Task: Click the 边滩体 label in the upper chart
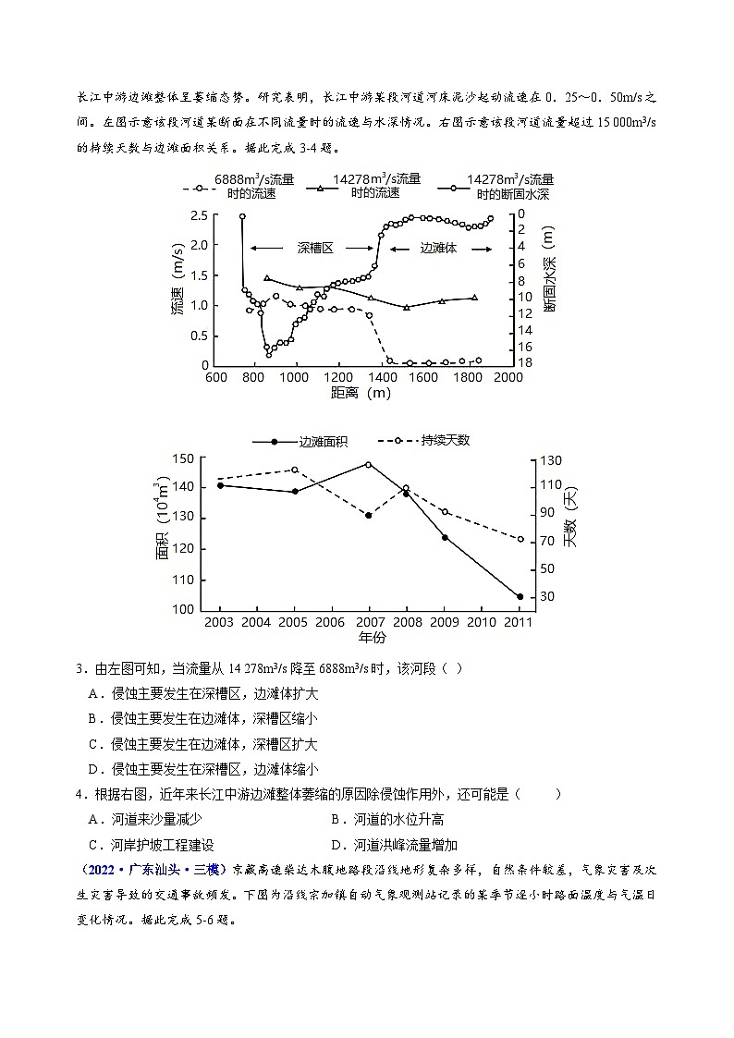pyautogui.click(x=438, y=249)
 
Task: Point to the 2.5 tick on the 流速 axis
pyautogui.click(x=198, y=215)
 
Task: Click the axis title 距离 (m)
pyautogui.click(x=360, y=393)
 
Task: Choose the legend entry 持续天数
pyautogui.click(x=445, y=440)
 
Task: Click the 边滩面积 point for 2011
pyautogui.click(x=520, y=597)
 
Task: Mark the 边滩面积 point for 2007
pyautogui.click(x=368, y=464)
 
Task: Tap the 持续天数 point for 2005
pyautogui.click(x=295, y=470)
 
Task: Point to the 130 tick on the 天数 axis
pyautogui.click(x=552, y=459)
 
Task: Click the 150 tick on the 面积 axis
pyautogui.click(x=184, y=458)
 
